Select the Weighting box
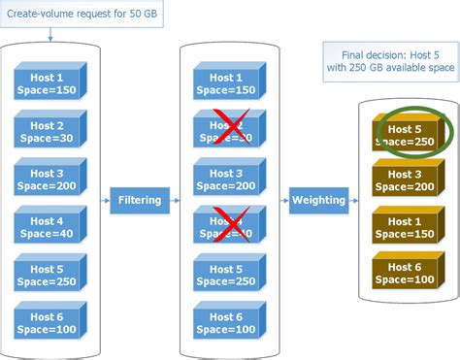[x=317, y=201]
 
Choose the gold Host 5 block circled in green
[x=404, y=133]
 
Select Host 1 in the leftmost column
[x=49, y=83]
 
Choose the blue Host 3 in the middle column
[x=226, y=180]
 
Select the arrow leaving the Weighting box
[x=354, y=201]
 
